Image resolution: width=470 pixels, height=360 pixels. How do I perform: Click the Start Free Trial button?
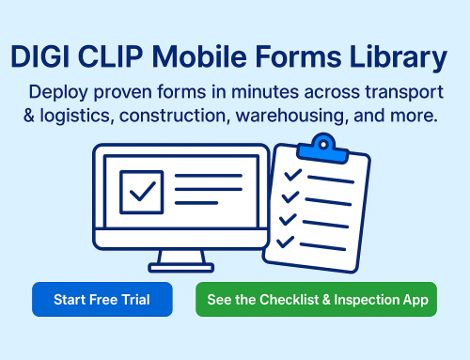click(102, 300)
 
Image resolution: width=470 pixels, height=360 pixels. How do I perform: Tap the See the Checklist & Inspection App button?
click(317, 300)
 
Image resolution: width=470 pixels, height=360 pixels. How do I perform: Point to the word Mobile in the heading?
click(203, 58)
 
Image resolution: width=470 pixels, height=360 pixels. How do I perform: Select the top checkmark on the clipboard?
click(293, 175)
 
